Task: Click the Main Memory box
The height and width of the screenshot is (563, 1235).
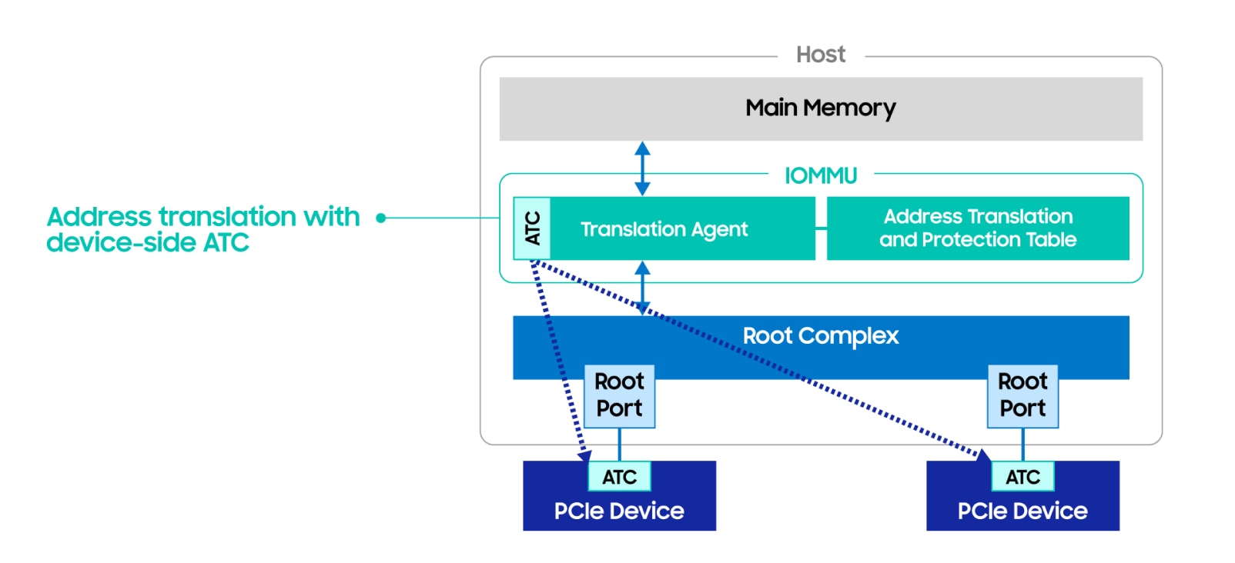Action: coord(820,108)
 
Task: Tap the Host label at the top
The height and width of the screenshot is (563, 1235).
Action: coord(820,55)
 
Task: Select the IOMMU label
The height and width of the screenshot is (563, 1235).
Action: coord(820,176)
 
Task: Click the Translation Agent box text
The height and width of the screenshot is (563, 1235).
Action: coord(664,229)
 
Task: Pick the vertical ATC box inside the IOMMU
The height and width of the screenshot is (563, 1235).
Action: coord(532,228)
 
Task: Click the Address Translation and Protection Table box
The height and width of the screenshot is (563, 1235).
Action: coord(977,228)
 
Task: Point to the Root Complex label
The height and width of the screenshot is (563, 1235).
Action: coord(820,336)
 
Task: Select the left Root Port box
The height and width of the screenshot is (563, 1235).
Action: coord(619,395)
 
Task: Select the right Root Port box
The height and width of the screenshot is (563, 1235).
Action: coord(1022,395)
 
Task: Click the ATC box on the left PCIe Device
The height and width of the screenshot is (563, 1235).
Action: coord(619,477)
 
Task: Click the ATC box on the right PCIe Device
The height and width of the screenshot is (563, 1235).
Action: coord(1022,477)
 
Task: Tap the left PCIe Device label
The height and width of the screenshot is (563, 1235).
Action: coord(619,511)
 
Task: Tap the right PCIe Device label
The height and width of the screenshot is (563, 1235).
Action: coord(1022,511)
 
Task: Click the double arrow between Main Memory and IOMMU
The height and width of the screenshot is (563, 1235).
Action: coord(642,168)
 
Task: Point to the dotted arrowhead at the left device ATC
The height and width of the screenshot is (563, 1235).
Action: coord(584,455)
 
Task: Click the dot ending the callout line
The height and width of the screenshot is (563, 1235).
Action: coord(380,218)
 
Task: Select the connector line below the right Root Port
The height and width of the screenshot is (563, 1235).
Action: coord(1022,444)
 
